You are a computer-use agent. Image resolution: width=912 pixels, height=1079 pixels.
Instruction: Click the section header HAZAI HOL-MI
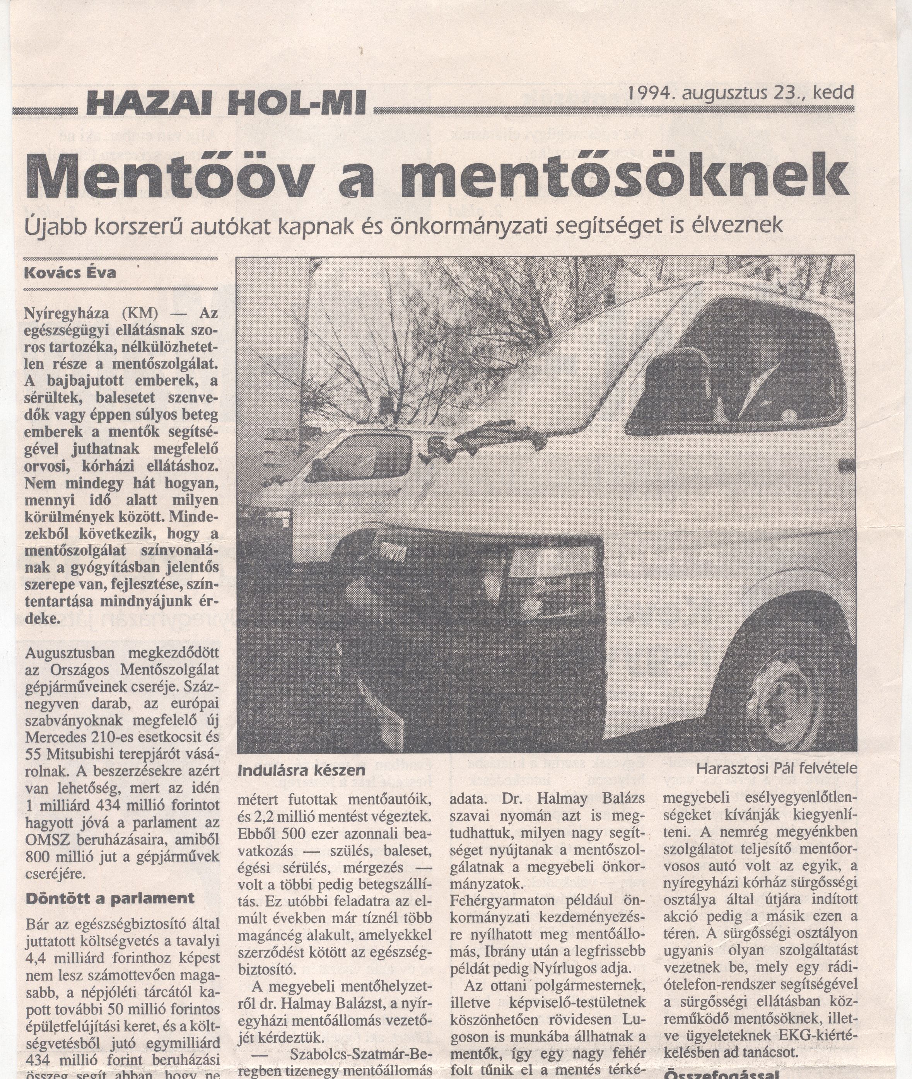click(x=226, y=103)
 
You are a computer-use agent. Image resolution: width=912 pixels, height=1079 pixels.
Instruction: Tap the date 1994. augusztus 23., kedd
click(x=740, y=93)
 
